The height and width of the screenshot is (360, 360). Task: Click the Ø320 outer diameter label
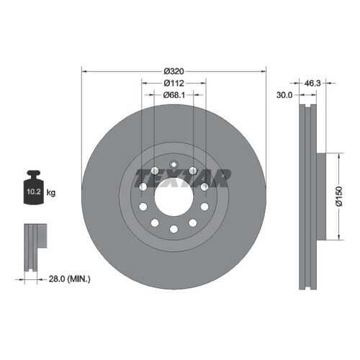point(174,71)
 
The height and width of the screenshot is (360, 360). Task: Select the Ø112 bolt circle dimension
point(174,83)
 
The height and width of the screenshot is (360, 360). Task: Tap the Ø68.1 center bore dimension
point(174,95)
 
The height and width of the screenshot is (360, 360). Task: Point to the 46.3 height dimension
point(312,83)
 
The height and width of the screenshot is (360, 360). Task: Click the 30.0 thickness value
point(284,95)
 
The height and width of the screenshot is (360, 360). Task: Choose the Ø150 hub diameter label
point(339,196)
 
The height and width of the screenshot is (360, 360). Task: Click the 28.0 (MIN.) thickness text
point(70,279)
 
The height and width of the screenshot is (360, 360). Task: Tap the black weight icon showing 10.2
point(34,187)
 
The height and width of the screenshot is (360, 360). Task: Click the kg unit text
point(51,192)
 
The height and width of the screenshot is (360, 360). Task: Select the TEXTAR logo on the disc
point(182,178)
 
